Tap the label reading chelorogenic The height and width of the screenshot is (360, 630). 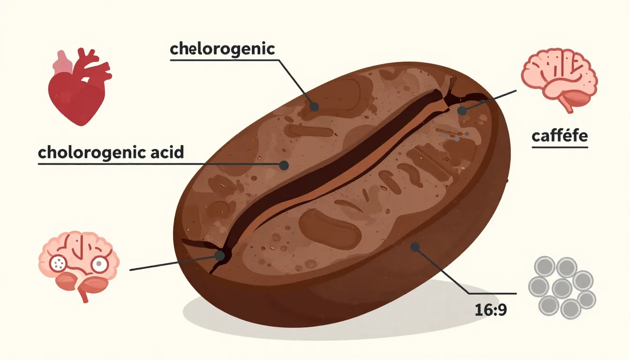coord(222,49)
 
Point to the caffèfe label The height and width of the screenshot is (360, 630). coord(560,136)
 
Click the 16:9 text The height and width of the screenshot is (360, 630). coord(490,310)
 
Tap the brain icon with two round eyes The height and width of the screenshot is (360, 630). coord(79,266)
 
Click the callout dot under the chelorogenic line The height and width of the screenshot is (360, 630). coord(314,107)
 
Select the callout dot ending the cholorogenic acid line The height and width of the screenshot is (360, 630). coord(284,165)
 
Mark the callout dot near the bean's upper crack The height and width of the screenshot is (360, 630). coord(462,111)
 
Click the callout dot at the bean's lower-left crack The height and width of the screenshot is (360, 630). coord(220,256)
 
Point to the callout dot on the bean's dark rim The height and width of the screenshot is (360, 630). coord(415,247)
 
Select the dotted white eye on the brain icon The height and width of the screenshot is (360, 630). coord(58,263)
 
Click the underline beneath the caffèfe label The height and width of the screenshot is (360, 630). coord(560,147)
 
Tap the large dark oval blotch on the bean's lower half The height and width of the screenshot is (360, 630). coord(330,228)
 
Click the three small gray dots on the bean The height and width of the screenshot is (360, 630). coord(456,136)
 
